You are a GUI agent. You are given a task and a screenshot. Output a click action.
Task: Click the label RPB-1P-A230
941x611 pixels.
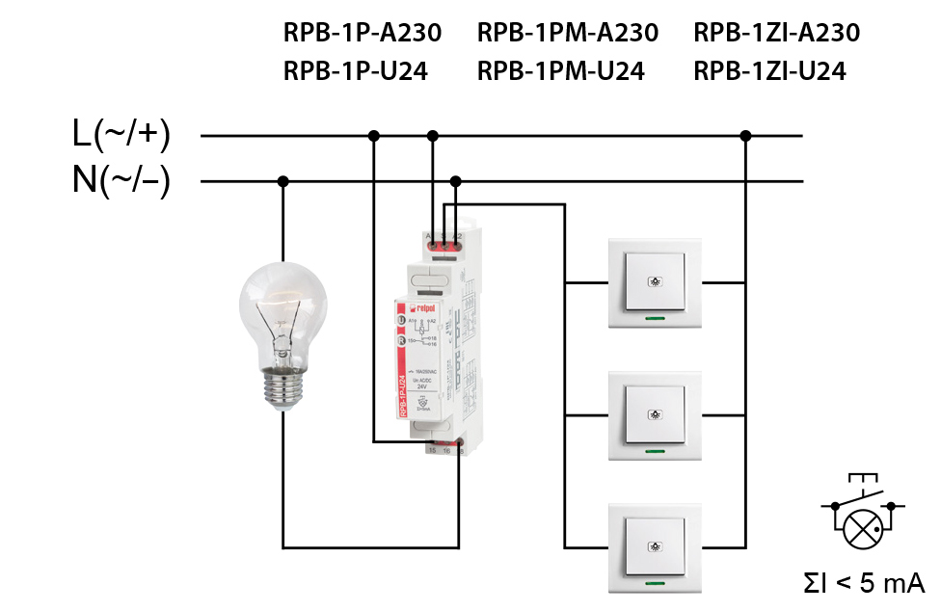click(362, 33)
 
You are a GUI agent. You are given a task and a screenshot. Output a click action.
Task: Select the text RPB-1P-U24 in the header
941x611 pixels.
click(355, 70)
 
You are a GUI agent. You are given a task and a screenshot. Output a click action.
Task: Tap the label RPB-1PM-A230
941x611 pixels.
click(567, 33)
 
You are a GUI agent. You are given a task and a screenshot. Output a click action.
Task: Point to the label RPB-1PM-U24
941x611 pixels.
click(560, 70)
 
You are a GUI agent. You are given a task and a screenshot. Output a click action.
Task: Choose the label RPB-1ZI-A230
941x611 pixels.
click(776, 33)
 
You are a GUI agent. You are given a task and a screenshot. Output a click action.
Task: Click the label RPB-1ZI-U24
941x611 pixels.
click(769, 70)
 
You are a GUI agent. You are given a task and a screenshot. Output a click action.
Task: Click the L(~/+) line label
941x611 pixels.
click(121, 135)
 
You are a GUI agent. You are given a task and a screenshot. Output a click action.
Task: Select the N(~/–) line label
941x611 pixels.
click(121, 180)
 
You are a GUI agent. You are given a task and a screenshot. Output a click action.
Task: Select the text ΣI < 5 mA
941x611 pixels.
click(865, 582)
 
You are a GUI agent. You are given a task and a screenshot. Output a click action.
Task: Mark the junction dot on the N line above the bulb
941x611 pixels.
click(283, 181)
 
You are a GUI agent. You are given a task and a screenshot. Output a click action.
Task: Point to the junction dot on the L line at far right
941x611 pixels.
click(745, 136)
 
